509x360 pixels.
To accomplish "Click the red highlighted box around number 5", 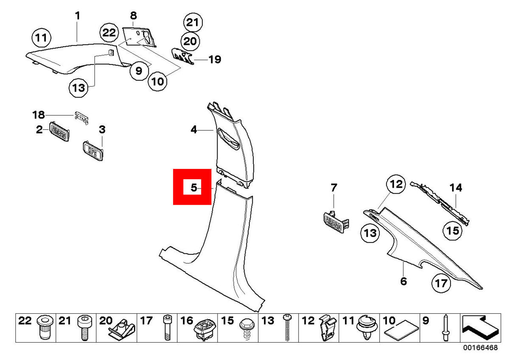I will pyautogui.click(x=192, y=187).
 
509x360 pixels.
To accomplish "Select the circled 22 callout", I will pyautogui.click(x=109, y=33).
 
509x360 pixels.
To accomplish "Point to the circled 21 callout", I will pyautogui.click(x=193, y=22).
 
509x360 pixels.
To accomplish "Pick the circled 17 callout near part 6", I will pyautogui.click(x=442, y=283).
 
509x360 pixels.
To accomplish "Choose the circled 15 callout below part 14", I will pyautogui.click(x=451, y=231).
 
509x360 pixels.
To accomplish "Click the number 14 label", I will pyautogui.click(x=456, y=188).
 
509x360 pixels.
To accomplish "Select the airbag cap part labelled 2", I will pyautogui.click(x=59, y=131).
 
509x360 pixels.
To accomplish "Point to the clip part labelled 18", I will pyautogui.click(x=82, y=118).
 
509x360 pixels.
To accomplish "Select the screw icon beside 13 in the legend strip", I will pyautogui.click(x=288, y=327).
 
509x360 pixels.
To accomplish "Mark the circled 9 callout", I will pyautogui.click(x=139, y=71).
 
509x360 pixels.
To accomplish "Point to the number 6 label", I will pyautogui.click(x=403, y=281).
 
